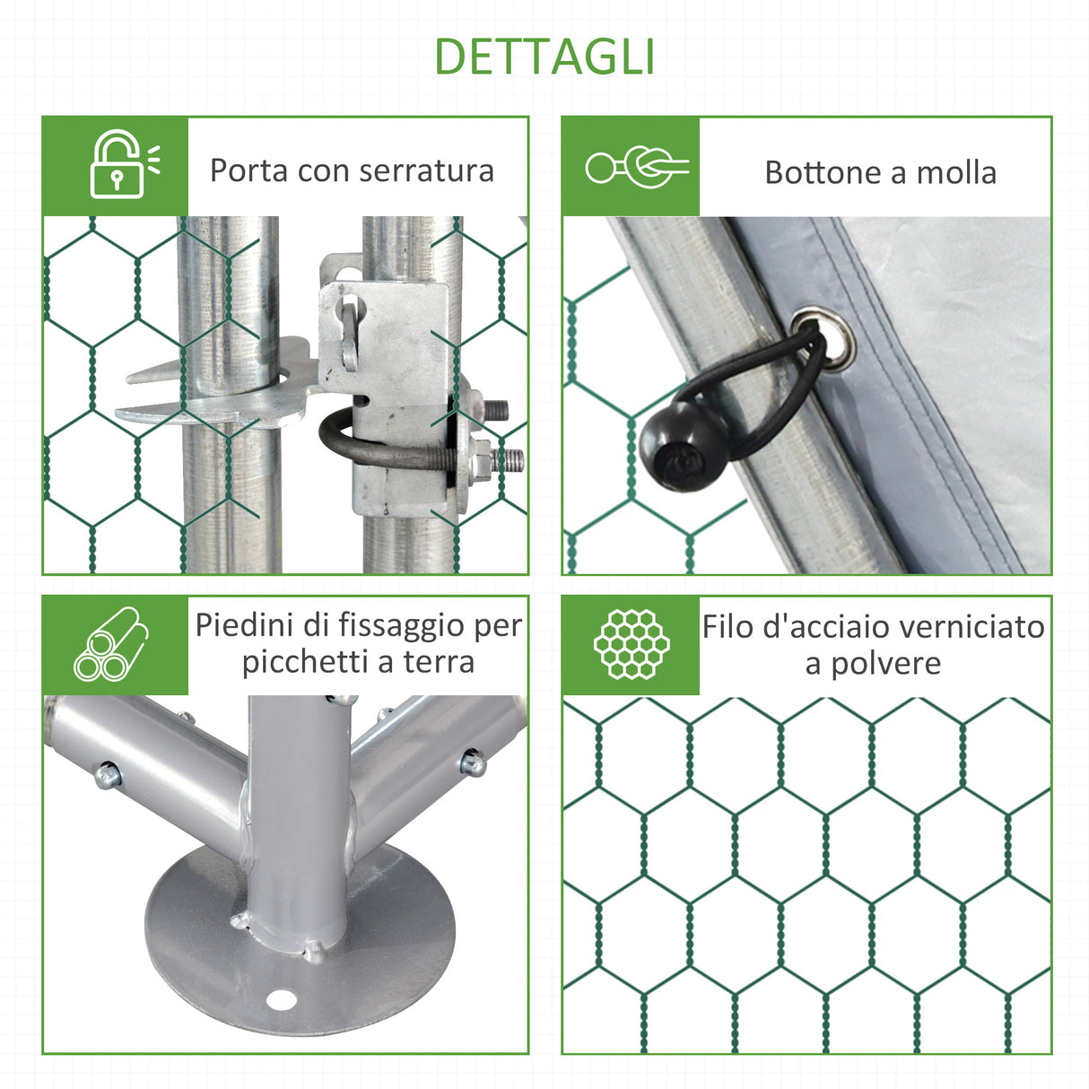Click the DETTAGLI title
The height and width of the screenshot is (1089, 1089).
544,57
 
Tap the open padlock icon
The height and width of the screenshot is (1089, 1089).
118,166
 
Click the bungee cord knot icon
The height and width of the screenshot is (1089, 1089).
637,167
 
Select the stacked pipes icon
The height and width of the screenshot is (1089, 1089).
112,644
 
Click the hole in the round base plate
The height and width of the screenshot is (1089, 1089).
283,998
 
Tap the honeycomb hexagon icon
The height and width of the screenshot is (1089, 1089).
632,644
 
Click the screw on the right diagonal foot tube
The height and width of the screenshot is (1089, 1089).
473,763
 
